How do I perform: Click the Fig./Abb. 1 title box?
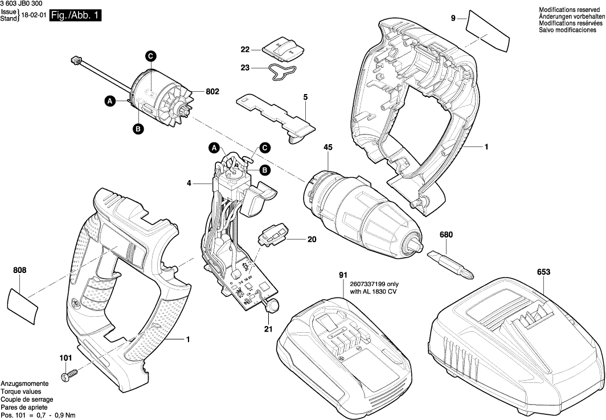pyautogui.click(x=75, y=16)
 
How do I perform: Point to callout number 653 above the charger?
pyautogui.click(x=543, y=273)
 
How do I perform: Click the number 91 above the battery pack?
pyautogui.click(x=343, y=275)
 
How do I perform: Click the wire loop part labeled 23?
pyautogui.click(x=282, y=73)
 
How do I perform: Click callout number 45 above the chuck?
pyautogui.click(x=328, y=147)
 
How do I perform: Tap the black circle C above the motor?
pyautogui.click(x=150, y=56)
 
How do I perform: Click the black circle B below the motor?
pyautogui.click(x=138, y=129)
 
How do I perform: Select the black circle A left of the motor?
pyautogui.click(x=110, y=101)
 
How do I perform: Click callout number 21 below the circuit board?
pyautogui.click(x=268, y=329)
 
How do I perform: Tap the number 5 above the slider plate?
pyautogui.click(x=305, y=97)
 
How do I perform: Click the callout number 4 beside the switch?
pyautogui.click(x=189, y=184)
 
